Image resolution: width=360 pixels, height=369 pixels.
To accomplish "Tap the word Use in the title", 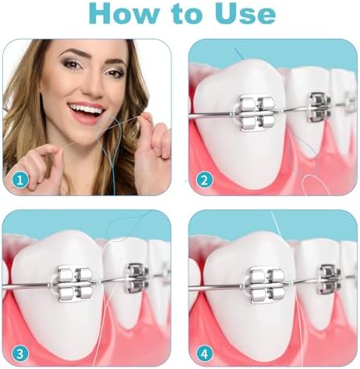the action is tap(245, 13).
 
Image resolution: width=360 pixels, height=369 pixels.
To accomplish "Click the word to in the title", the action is tap(186, 15).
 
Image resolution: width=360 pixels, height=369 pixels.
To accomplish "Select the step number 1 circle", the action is tap(20, 180).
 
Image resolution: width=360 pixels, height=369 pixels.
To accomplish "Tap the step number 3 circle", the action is tap(20, 354).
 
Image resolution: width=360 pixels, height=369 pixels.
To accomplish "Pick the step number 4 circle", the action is tap(205, 354).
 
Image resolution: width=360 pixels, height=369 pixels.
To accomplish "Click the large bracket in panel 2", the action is tap(257, 113).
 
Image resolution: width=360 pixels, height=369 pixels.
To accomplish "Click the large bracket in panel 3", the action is tap(75, 285).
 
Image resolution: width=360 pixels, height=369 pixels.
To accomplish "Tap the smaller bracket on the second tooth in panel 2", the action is tap(319, 107).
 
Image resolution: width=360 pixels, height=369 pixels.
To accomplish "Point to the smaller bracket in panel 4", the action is tap(330, 279).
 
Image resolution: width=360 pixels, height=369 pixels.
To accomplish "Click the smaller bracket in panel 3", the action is tap(137, 278).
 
